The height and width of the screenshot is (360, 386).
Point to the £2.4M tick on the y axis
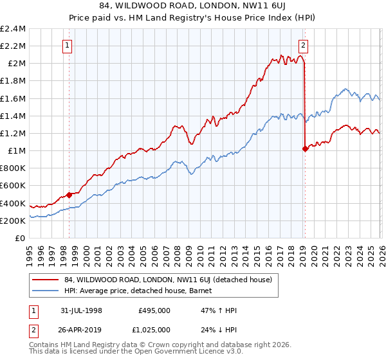(13, 29)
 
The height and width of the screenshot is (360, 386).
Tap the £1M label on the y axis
(17, 151)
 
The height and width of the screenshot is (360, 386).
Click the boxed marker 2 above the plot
(303, 45)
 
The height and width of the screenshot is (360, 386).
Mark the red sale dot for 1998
(69, 195)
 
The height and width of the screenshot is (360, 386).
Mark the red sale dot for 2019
(304, 148)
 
